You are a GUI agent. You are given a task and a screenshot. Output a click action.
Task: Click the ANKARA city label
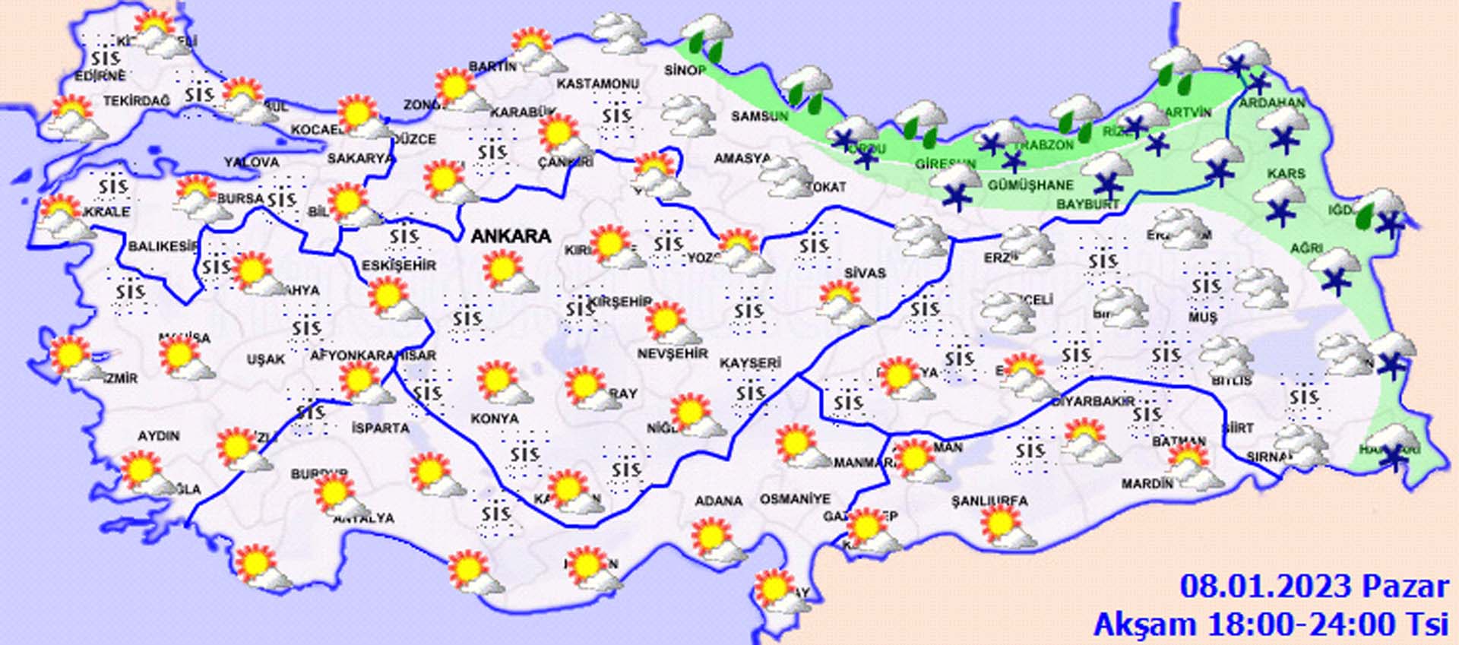pyautogui.click(x=511, y=236)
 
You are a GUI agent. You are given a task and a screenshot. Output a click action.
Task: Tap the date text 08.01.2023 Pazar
pyautogui.click(x=1314, y=587)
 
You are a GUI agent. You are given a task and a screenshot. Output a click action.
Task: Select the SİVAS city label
pyautogui.click(x=865, y=273)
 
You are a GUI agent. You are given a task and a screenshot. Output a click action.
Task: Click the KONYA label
pyautogui.click(x=495, y=419)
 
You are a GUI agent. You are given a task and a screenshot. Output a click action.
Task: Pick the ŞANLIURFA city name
pyautogui.click(x=989, y=501)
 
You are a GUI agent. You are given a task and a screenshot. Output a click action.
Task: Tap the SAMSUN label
pyautogui.click(x=759, y=116)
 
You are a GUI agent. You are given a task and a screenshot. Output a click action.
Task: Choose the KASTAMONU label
pyautogui.click(x=597, y=84)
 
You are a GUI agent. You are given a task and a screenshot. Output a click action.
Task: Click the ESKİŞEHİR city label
pyautogui.click(x=398, y=265)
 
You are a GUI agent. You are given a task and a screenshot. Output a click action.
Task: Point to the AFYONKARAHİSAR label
pyautogui.click(x=373, y=356)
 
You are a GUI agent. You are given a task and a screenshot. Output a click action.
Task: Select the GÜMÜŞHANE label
pyautogui.click(x=1030, y=185)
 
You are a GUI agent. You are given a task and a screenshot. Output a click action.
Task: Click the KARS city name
pyautogui.click(x=1286, y=174)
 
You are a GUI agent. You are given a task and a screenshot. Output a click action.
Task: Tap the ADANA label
pyautogui.click(x=718, y=501)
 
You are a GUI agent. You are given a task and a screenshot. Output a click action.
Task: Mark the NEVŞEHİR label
pyautogui.click(x=672, y=354)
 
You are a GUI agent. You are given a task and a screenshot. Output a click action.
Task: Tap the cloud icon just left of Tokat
pyautogui.click(x=786, y=178)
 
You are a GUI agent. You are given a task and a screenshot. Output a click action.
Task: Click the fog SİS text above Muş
pyautogui.click(x=1206, y=286)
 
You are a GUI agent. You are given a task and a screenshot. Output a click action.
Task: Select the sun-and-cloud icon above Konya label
pyautogui.click(x=503, y=385)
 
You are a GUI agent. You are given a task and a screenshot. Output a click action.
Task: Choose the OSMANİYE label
pyautogui.click(x=795, y=500)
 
